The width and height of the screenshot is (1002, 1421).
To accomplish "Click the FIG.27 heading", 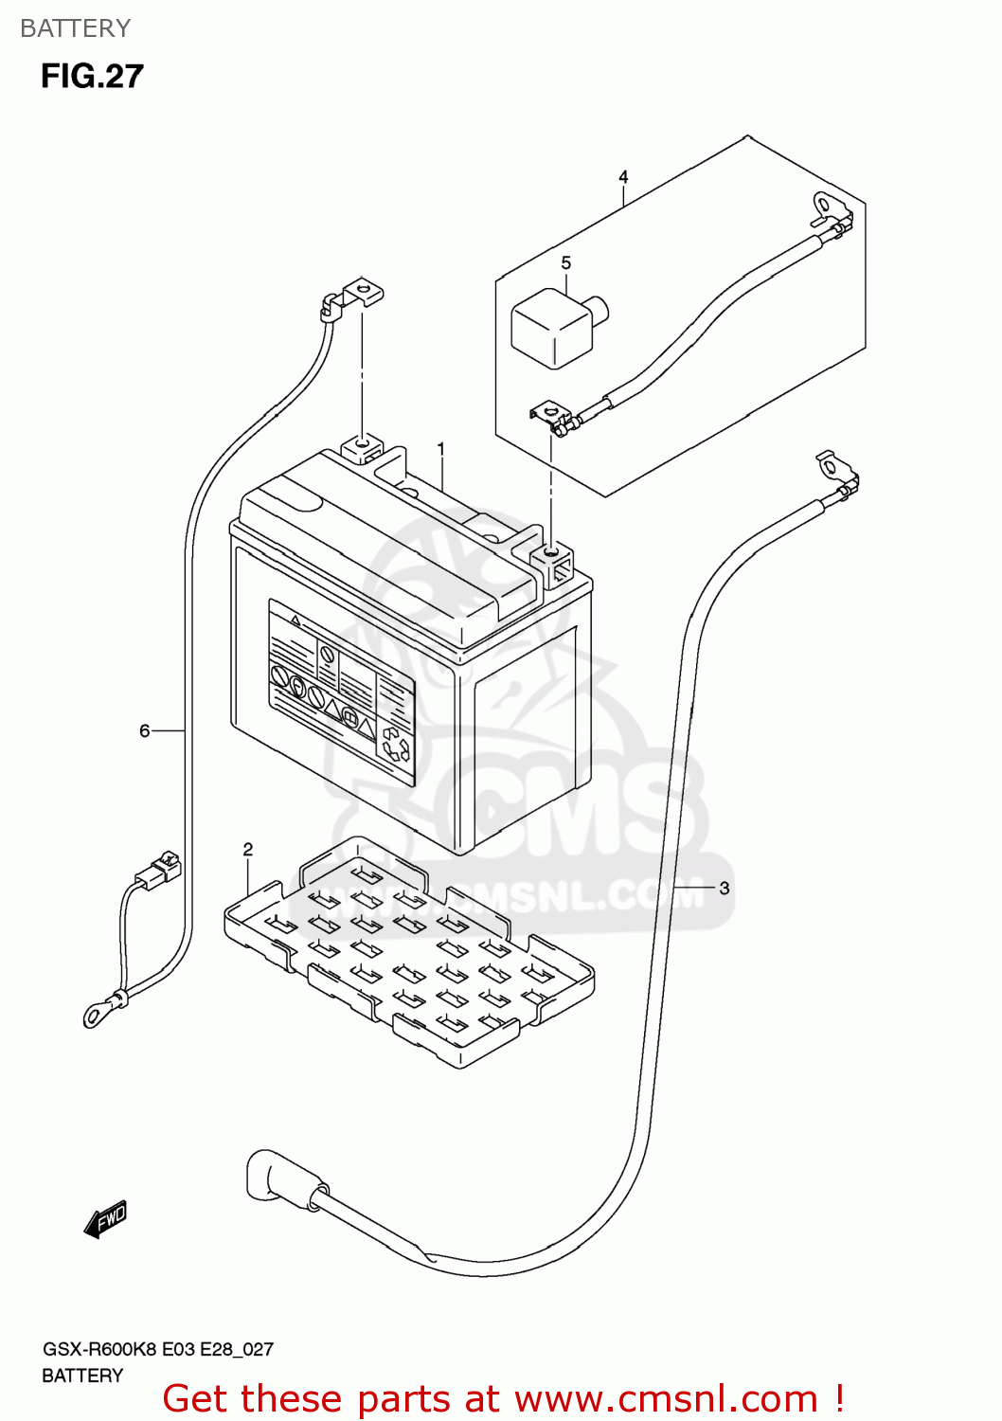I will pyautogui.click(x=92, y=77).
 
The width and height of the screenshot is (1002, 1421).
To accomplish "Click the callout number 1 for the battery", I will pyautogui.click(x=440, y=448).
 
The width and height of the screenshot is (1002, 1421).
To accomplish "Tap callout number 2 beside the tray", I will pyautogui.click(x=248, y=850).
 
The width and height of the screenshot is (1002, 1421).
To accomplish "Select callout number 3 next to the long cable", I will pyautogui.click(x=725, y=889).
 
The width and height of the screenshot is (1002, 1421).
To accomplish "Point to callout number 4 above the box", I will pyautogui.click(x=623, y=177).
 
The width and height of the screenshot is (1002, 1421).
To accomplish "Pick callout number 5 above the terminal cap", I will pyautogui.click(x=566, y=263).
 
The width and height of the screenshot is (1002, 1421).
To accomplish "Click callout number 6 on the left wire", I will pyautogui.click(x=145, y=730).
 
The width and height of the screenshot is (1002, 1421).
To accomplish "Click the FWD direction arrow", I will pyautogui.click(x=105, y=1219).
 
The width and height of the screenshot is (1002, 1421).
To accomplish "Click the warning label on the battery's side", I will pyautogui.click(x=341, y=692).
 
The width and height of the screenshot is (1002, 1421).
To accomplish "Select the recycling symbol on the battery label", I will pyautogui.click(x=395, y=746).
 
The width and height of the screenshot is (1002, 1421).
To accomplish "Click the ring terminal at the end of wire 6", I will pyautogui.click(x=96, y=1016).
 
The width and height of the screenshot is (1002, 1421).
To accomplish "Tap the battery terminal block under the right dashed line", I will pyautogui.click(x=553, y=559).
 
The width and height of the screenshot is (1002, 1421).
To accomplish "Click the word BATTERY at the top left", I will pyautogui.click(x=75, y=28).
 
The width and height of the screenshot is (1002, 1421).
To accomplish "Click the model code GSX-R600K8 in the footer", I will pyautogui.click(x=98, y=1349).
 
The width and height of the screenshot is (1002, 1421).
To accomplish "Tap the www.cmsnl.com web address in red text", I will pyautogui.click(x=666, y=1399).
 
